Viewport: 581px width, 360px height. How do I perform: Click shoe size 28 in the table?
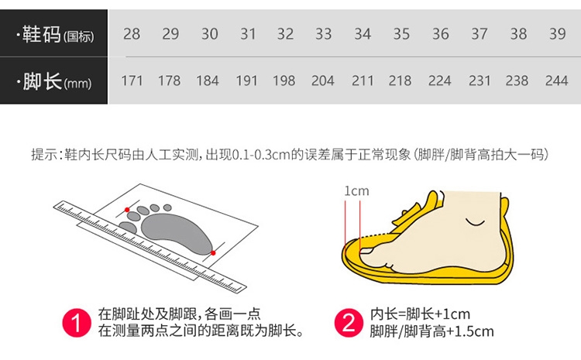[x=132, y=34]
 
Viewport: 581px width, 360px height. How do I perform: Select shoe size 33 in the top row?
[x=323, y=34]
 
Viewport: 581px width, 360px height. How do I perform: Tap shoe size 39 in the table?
[x=557, y=34]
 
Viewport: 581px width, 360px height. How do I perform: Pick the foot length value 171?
[x=132, y=81]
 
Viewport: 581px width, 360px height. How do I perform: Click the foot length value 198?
[x=284, y=81]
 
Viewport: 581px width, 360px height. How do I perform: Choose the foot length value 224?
[x=439, y=81]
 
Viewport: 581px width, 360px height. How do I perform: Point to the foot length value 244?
[x=556, y=81]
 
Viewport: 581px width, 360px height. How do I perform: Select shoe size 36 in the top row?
[x=440, y=34]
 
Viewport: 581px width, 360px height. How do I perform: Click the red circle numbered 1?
[x=77, y=323]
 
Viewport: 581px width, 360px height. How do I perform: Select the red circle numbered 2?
[x=349, y=323]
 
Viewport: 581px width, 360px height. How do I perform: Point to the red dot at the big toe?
[x=127, y=210]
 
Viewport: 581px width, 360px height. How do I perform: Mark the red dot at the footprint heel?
[x=213, y=253]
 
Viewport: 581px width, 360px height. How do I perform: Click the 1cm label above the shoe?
[x=356, y=191]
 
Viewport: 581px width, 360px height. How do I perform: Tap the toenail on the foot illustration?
[x=366, y=251]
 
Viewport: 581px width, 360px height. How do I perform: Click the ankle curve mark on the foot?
[x=475, y=223]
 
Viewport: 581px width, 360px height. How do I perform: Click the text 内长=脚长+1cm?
[x=420, y=314]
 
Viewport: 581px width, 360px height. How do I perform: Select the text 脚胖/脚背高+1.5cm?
[x=431, y=331]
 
